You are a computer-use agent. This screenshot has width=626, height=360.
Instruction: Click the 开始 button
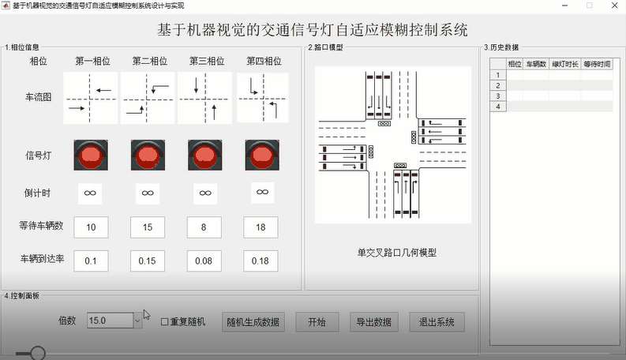(317, 321)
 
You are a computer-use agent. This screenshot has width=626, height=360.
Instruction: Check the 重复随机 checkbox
(165, 321)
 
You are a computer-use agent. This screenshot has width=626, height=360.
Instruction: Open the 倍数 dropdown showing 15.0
(137, 321)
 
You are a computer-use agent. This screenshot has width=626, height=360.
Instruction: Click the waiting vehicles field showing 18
(261, 227)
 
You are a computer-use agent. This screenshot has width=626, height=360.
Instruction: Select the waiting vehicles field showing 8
(204, 227)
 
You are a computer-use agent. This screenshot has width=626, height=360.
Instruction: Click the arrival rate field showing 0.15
(147, 260)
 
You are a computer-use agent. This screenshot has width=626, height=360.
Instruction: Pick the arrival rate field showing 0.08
(204, 260)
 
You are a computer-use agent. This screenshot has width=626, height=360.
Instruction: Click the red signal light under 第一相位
(90, 155)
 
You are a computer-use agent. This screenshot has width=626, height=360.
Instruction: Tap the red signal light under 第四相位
(261, 155)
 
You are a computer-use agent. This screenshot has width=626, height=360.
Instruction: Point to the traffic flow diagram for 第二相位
(147, 98)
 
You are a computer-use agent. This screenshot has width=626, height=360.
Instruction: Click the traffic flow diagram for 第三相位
(204, 98)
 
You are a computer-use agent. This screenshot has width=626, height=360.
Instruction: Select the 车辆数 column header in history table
(537, 64)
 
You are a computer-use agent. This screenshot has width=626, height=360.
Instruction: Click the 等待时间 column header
(597, 64)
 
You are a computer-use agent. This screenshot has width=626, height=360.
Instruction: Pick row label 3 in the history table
(498, 96)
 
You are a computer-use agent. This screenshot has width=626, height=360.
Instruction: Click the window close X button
(613, 6)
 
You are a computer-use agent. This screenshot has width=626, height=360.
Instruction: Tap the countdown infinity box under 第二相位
(147, 193)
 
